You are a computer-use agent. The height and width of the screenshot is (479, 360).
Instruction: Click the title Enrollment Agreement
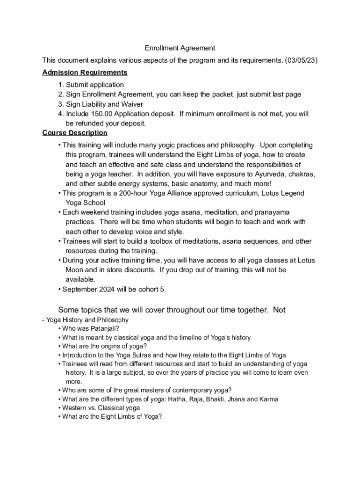180,48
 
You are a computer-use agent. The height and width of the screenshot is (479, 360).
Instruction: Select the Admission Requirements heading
85,73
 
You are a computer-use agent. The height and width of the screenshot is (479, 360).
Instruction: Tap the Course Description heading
75,133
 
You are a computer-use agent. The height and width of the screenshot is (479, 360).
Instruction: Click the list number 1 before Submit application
61,85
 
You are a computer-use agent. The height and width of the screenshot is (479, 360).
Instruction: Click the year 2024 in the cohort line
105,289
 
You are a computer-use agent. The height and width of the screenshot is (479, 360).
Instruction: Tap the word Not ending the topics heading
279,310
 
